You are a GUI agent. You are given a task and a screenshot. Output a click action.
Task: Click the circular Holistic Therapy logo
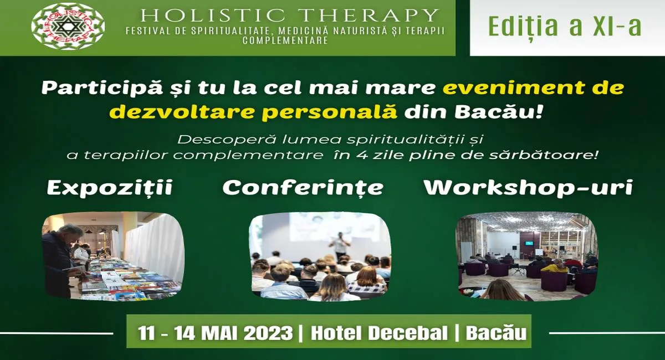tap(68, 27)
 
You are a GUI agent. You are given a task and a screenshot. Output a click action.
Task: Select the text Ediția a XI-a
tap(565, 26)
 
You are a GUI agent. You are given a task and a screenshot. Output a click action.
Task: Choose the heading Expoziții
tap(110, 188)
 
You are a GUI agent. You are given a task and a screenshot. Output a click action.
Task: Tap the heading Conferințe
tap(303, 188)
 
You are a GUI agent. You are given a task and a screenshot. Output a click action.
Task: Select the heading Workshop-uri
tap(528, 188)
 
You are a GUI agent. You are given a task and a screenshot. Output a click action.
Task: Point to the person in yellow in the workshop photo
tap(555, 268)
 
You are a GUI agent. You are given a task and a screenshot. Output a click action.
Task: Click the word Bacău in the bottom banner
tap(496, 333)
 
